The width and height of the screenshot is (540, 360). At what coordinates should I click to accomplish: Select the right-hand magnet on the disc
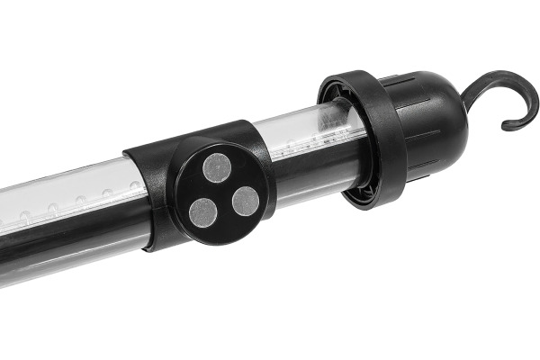point(246,201)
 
